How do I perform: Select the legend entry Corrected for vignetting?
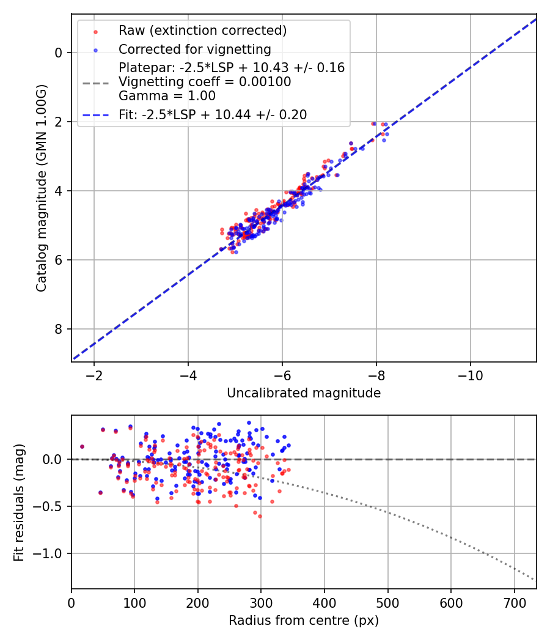click(x=195, y=49)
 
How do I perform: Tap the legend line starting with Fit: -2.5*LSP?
click(x=213, y=114)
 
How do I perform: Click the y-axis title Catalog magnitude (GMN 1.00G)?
click(x=41, y=189)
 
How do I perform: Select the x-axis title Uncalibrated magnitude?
click(x=304, y=393)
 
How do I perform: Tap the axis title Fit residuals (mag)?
click(x=19, y=502)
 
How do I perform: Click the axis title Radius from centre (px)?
click(x=304, y=621)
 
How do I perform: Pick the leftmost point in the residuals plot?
click(x=82, y=446)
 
